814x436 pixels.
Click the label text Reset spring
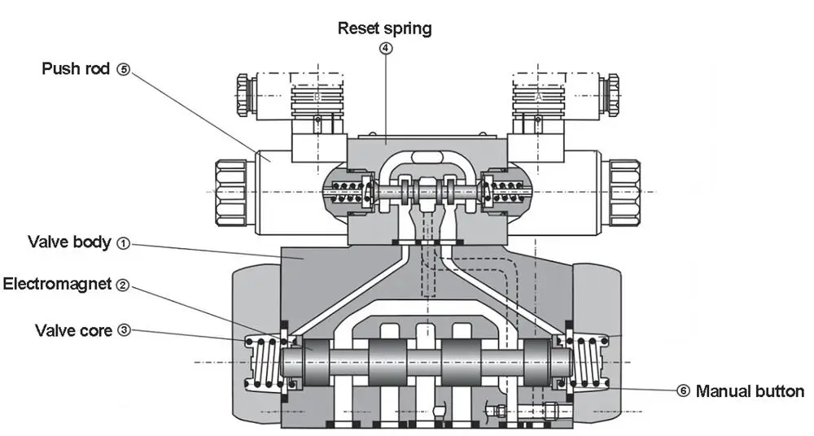[x=385, y=28]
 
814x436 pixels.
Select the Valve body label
[x=69, y=242]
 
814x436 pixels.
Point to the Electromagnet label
[x=58, y=284]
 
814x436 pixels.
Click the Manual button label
[x=750, y=391]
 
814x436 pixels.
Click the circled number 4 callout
[x=386, y=48]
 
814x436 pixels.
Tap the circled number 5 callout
[x=123, y=70]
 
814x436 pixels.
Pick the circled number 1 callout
[x=123, y=242]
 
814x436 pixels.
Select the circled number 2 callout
[x=122, y=285]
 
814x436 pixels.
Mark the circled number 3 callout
[x=123, y=330]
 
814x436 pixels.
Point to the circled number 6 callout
[x=683, y=391]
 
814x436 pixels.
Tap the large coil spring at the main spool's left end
[x=262, y=362]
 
